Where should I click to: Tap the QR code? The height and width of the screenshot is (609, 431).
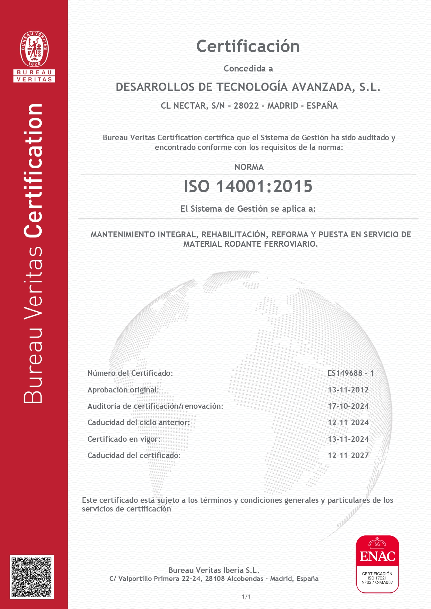(31, 577)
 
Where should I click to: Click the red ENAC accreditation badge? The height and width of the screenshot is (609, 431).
(377, 564)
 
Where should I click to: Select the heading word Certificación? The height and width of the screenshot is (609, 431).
(248, 46)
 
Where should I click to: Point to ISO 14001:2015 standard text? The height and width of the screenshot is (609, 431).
(248, 186)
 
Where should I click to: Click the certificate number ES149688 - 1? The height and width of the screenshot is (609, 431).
(350, 373)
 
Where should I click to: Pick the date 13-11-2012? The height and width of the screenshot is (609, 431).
(348, 390)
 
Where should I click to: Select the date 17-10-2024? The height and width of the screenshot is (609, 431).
(348, 406)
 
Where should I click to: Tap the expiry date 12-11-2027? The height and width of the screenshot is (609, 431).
(348, 456)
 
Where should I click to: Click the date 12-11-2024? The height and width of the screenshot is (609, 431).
(348, 423)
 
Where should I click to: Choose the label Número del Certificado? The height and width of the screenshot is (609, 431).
(130, 373)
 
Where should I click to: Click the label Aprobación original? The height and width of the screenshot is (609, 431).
(123, 390)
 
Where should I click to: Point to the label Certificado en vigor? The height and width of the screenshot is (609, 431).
(124, 439)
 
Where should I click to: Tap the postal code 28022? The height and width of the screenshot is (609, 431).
(246, 106)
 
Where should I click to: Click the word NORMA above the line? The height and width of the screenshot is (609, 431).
(249, 167)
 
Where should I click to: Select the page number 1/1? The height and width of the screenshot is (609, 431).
(246, 597)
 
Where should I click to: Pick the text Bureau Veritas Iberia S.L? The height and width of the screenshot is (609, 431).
(214, 570)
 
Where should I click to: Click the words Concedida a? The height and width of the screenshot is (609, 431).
(248, 69)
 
